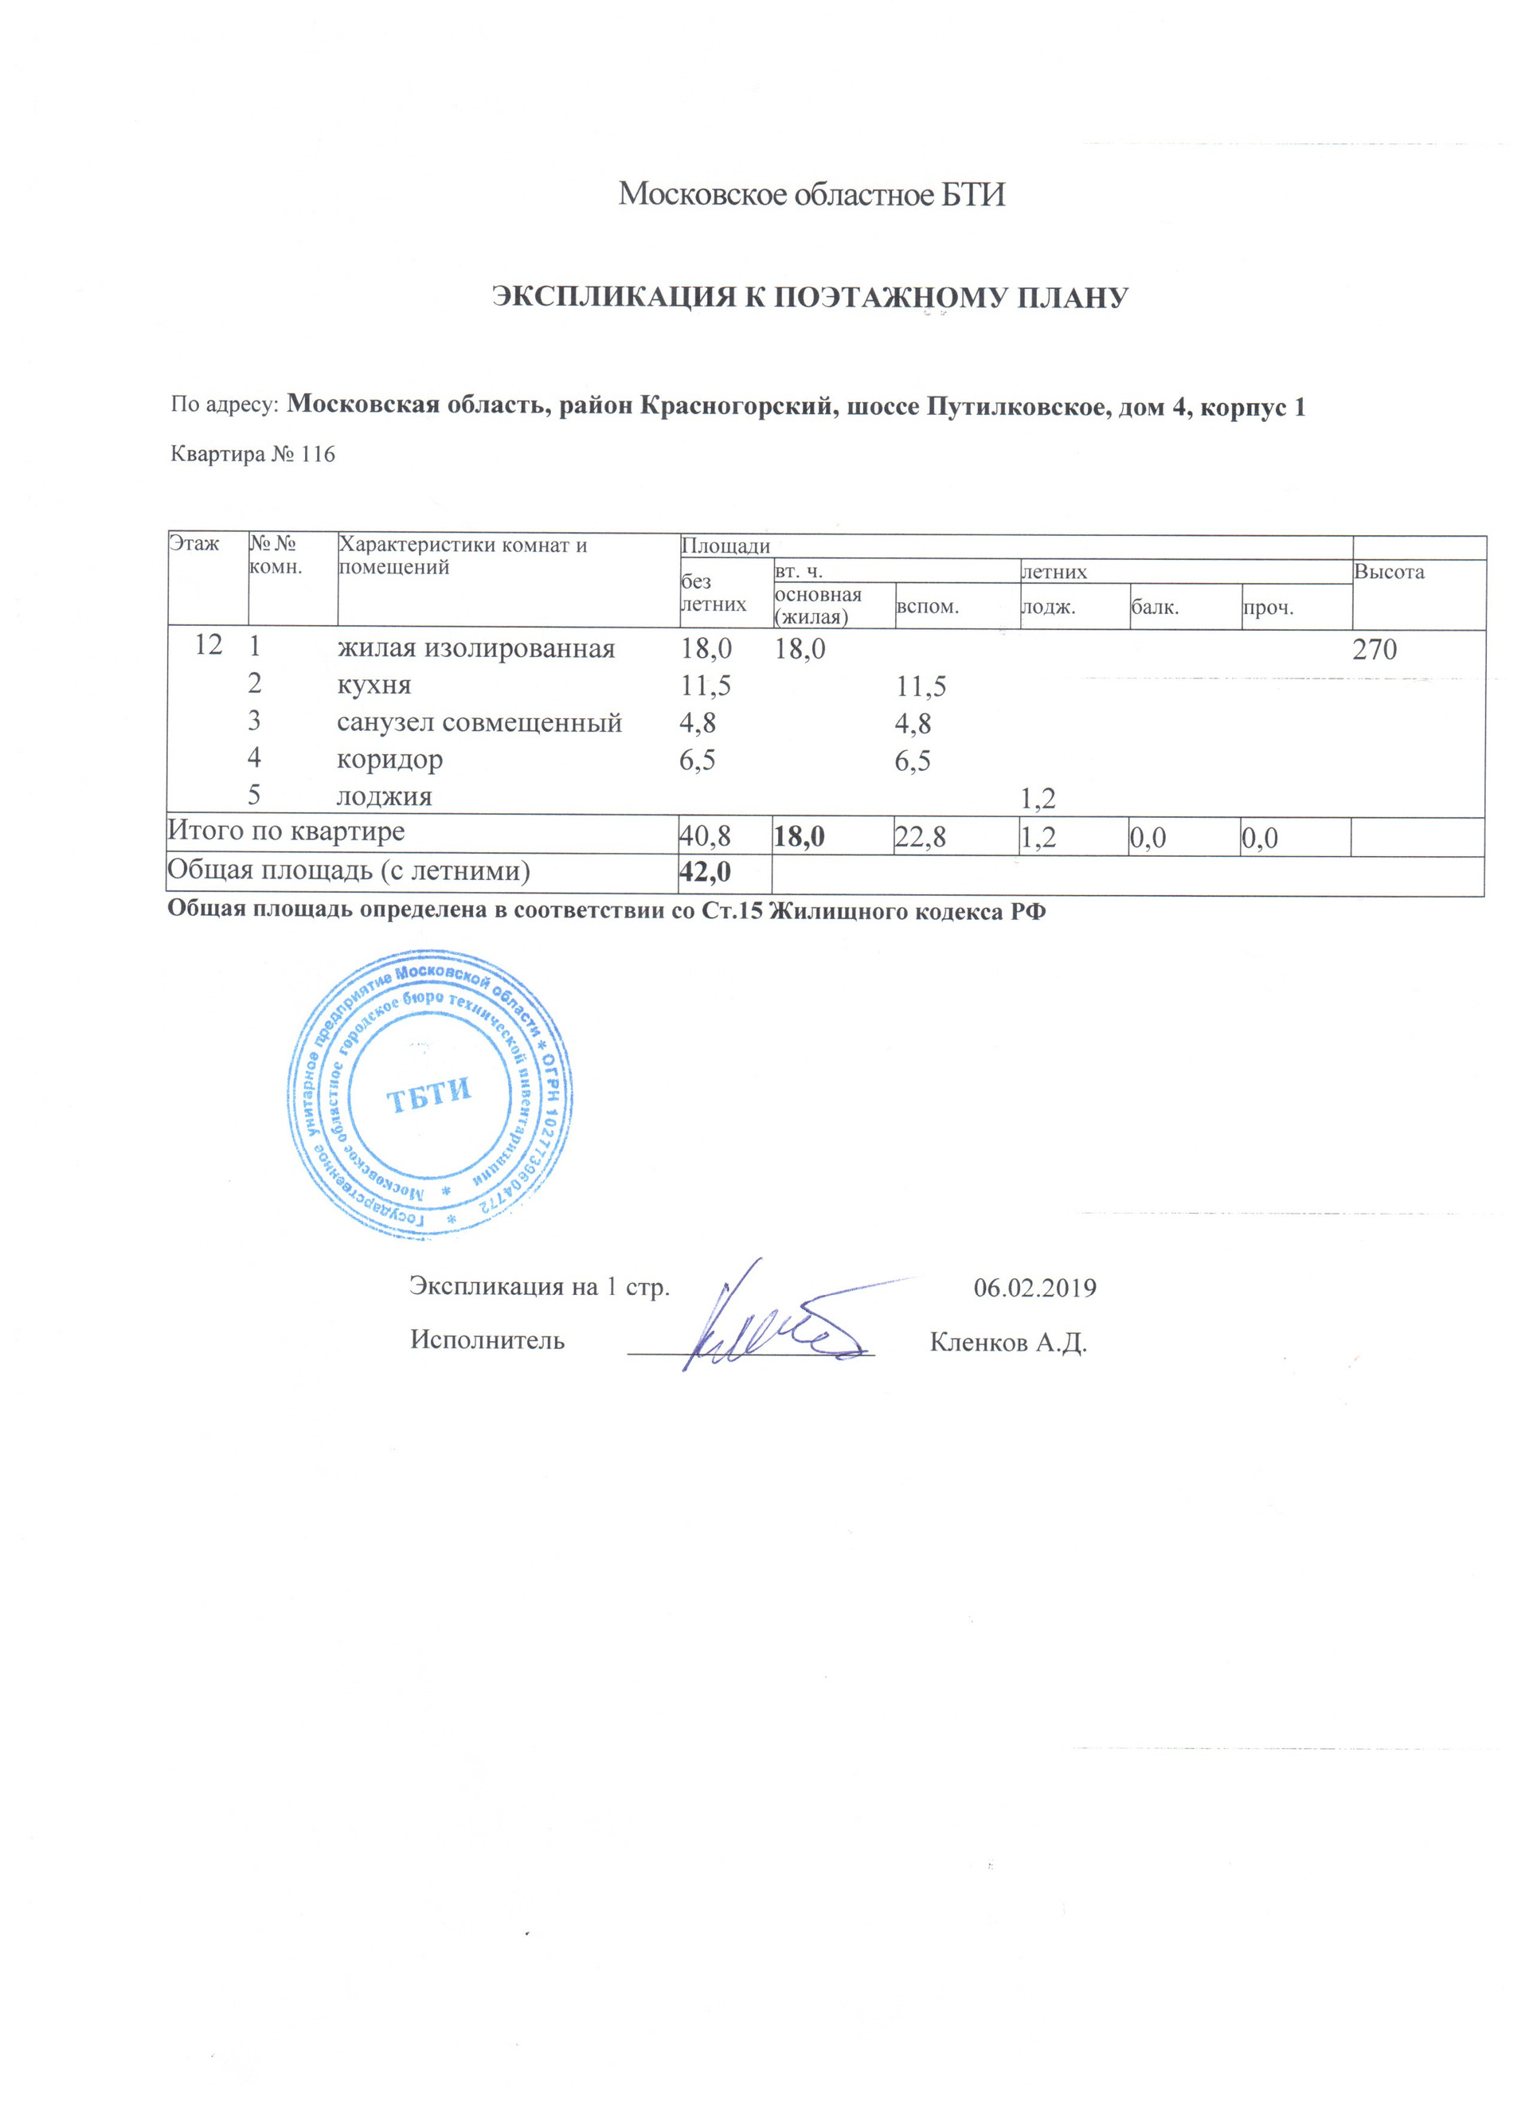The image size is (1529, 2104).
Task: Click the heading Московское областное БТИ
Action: (811, 195)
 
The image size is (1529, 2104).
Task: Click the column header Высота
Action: (1388, 573)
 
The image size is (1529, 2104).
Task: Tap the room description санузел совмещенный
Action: (479, 722)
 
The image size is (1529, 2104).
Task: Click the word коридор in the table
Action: (389, 760)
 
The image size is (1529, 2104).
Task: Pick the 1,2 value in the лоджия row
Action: (1038, 798)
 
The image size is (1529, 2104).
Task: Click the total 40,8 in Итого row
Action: (705, 838)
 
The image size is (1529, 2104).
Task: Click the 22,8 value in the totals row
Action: (921, 838)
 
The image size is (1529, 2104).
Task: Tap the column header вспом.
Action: (927, 608)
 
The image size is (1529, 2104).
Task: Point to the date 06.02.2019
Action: (1034, 1288)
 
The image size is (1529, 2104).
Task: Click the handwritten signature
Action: (770, 1327)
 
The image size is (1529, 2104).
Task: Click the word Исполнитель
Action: (487, 1340)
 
